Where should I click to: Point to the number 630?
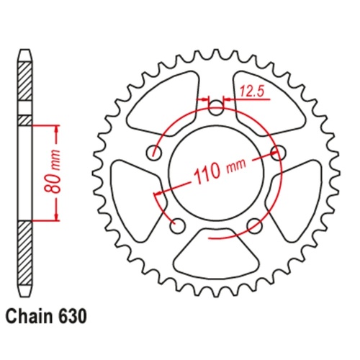[x=75, y=315]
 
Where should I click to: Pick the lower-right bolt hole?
[x=253, y=225]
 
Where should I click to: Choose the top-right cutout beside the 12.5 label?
[x=264, y=104]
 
